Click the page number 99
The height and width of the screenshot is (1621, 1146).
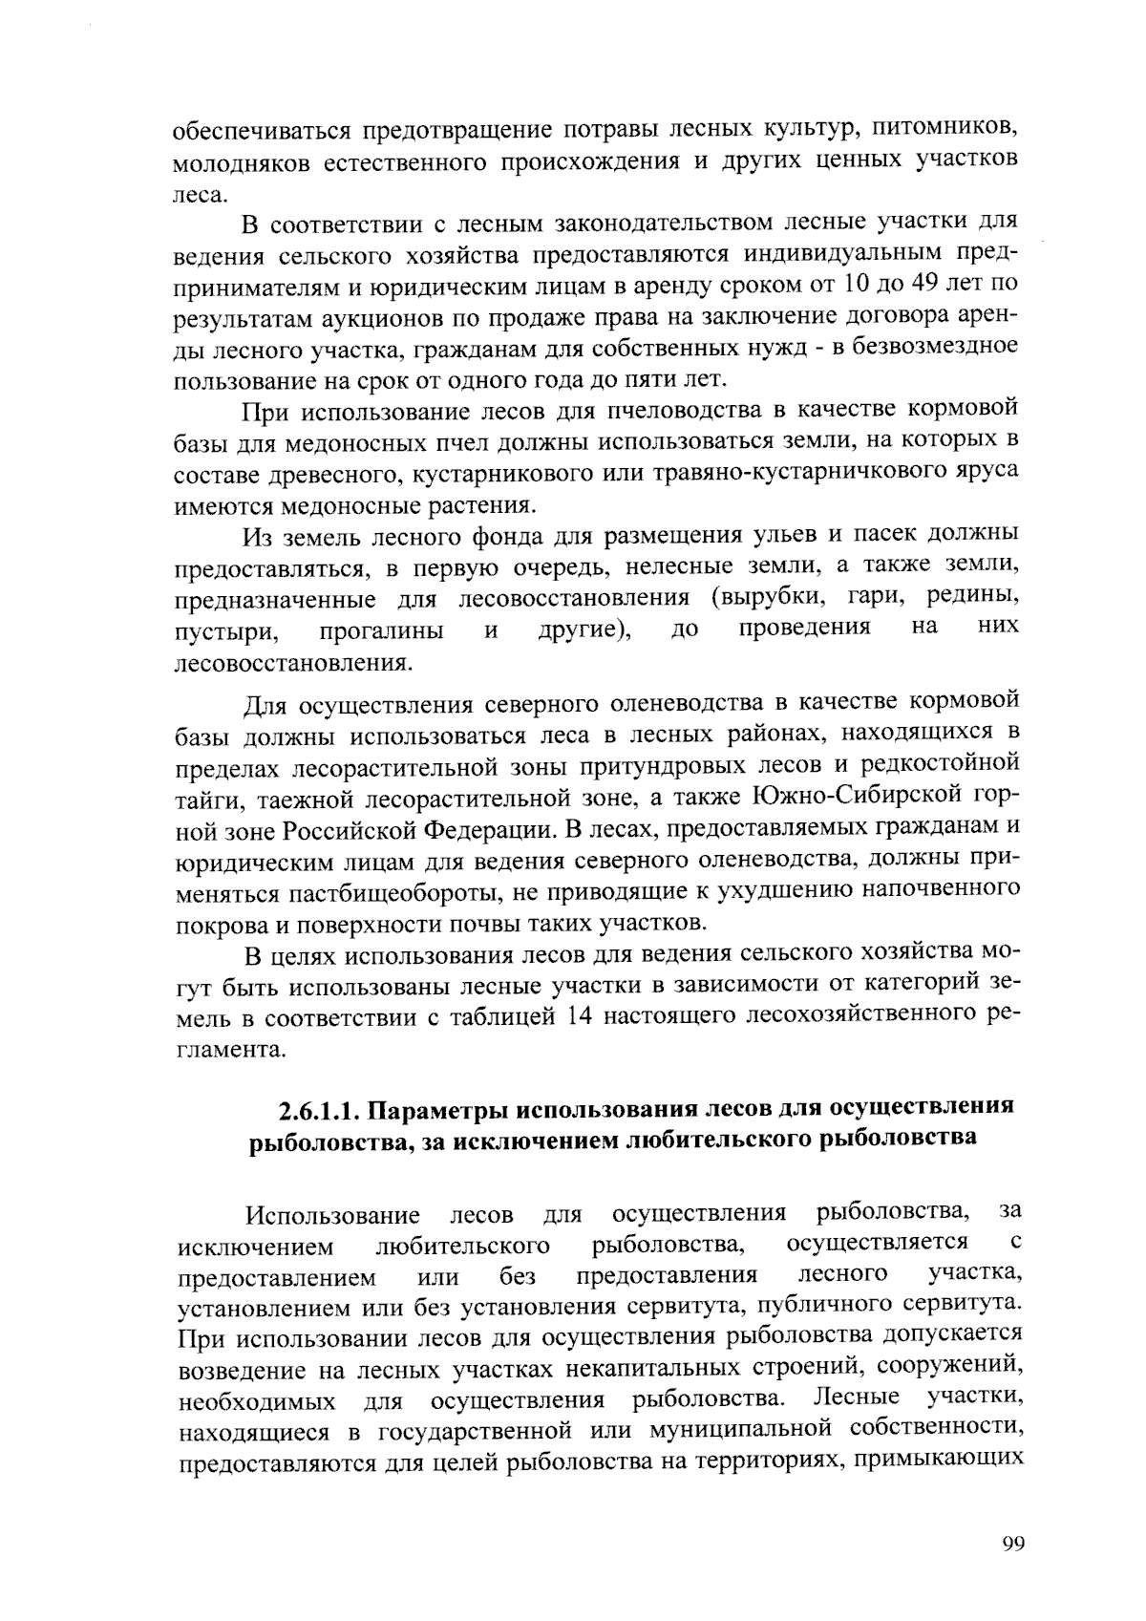tap(1013, 1544)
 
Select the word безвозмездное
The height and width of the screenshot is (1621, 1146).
tap(930, 347)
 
